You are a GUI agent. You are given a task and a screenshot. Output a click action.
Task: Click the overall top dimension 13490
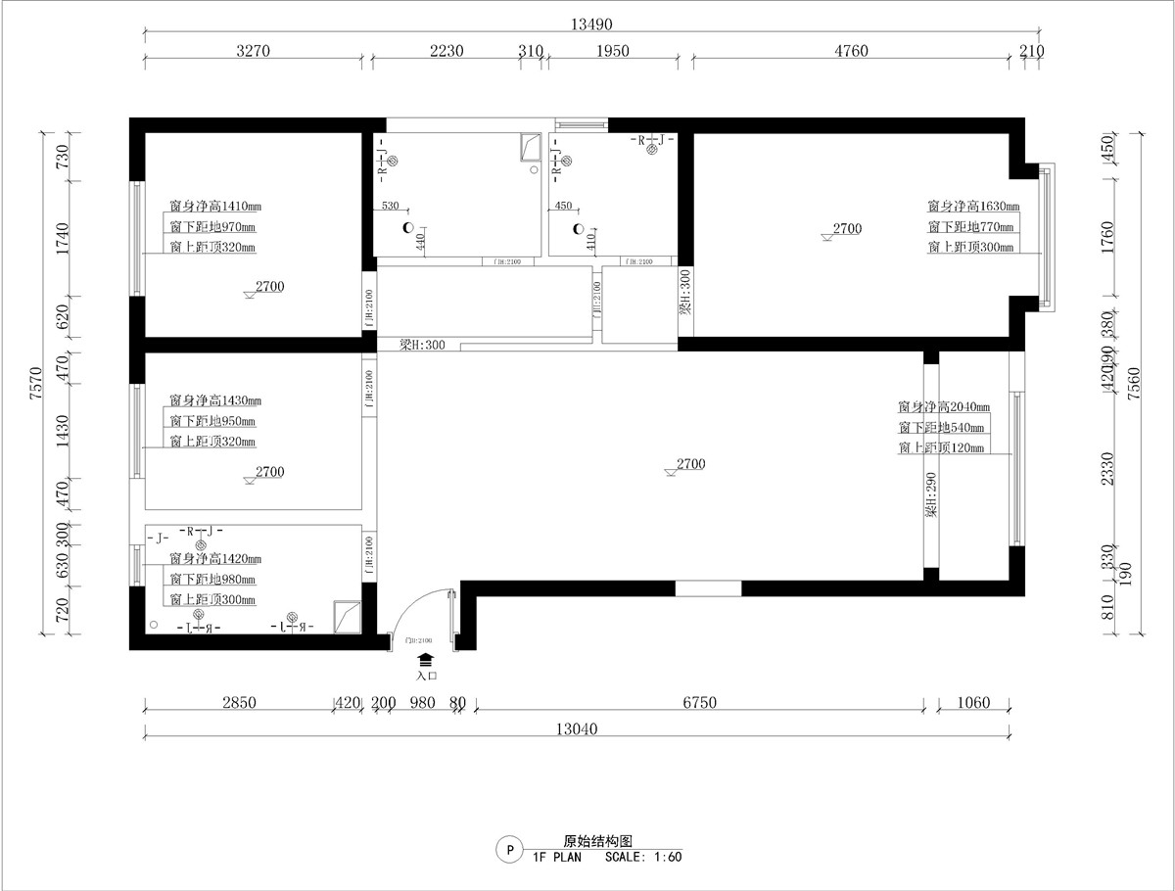[586, 24]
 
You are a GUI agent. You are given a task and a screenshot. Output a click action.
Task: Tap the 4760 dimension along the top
[850, 51]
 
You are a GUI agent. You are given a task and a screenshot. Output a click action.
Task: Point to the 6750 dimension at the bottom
[699, 702]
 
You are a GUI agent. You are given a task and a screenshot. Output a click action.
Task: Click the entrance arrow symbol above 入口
[426, 661]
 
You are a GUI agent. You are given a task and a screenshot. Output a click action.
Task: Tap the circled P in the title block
[508, 849]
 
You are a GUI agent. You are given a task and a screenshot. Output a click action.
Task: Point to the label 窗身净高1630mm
[973, 207]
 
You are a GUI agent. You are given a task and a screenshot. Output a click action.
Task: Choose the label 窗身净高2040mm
[943, 406]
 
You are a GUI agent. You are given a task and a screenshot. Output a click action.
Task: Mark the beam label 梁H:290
[931, 495]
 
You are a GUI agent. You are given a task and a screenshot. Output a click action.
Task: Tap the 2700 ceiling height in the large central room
[689, 464]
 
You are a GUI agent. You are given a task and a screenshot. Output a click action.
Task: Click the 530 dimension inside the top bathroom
[390, 207]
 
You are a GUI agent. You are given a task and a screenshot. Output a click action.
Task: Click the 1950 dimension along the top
[612, 51]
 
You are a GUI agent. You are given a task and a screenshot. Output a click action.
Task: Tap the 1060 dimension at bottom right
[973, 702]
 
